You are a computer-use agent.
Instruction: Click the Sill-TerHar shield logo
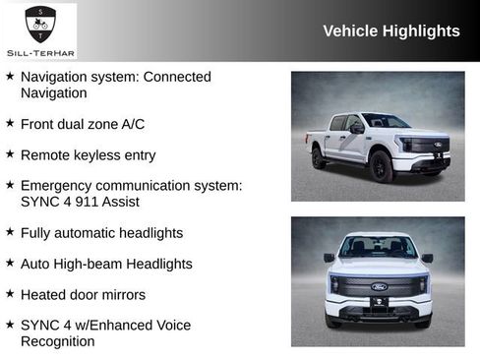tap(40, 22)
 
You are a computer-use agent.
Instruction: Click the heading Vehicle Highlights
tap(390, 31)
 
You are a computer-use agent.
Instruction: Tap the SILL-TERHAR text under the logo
tap(40, 53)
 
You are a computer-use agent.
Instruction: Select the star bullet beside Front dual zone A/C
tap(10, 124)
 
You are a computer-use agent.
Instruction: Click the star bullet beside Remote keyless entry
tap(10, 154)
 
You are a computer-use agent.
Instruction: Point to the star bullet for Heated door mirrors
tap(10, 294)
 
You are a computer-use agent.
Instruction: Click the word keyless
tap(104, 155)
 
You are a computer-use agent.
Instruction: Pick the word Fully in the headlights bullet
tap(37, 233)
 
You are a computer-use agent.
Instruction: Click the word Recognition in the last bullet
tap(58, 341)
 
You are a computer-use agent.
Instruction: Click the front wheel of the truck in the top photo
tap(382, 167)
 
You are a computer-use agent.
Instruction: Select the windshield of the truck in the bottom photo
tap(378, 248)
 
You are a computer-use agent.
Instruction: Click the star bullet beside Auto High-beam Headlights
tap(10, 264)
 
